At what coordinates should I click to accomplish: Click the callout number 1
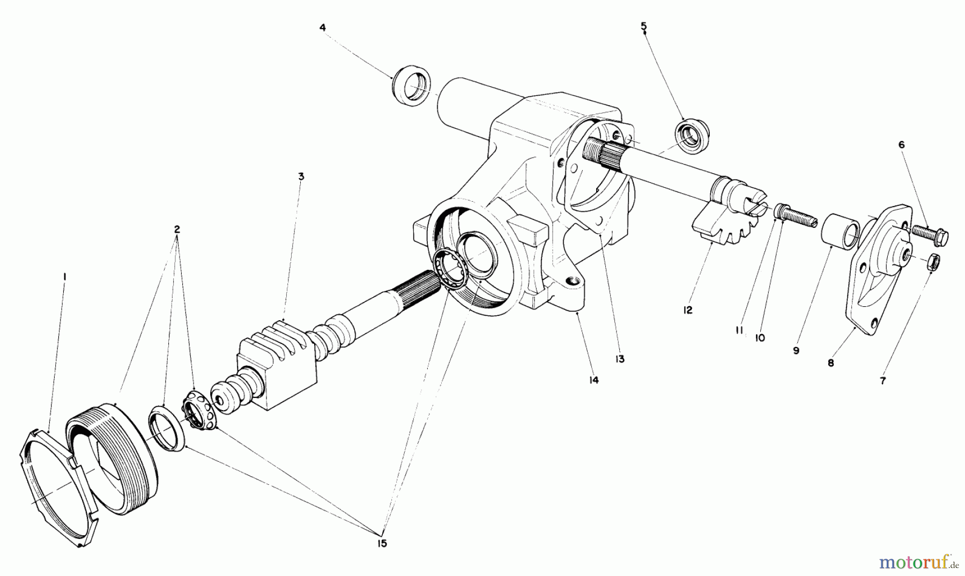click(64, 277)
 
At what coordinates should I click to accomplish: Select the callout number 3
click(301, 176)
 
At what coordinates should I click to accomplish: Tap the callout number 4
click(323, 27)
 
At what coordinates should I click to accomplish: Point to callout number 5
click(644, 26)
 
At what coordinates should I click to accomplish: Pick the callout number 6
click(901, 145)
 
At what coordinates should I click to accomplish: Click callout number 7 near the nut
click(882, 381)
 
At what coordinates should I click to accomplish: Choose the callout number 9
click(796, 350)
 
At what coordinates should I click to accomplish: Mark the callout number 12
click(688, 310)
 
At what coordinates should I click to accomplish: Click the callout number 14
click(593, 380)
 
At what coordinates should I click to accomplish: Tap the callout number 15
click(381, 543)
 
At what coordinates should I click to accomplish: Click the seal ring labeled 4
click(411, 84)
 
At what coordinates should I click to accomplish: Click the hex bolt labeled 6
click(930, 234)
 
